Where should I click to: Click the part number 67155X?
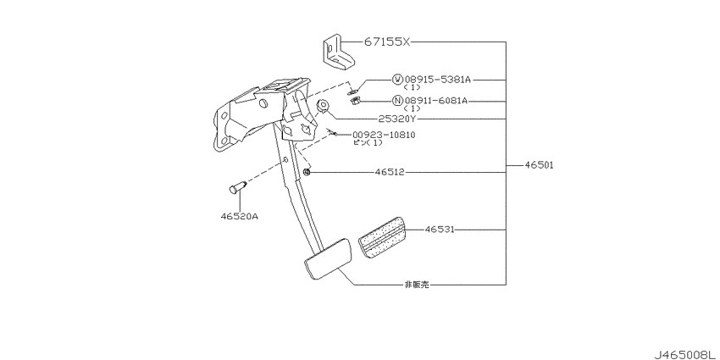(386, 42)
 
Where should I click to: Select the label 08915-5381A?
(438, 80)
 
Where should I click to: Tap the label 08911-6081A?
(435, 101)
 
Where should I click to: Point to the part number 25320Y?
(397, 119)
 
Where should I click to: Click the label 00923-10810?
(384, 135)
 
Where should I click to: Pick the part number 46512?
(390, 172)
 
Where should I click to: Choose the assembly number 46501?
(538, 165)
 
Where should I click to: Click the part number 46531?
(440, 230)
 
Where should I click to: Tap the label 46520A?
(239, 215)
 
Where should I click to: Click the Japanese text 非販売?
(417, 285)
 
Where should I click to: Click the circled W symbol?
(397, 80)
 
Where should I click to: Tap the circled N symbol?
(397, 101)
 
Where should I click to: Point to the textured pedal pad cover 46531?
(380, 238)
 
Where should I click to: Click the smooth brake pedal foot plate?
(328, 258)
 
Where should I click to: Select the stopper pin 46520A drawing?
(237, 187)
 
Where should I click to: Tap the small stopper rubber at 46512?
(307, 172)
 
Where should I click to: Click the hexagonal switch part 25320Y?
(323, 107)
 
